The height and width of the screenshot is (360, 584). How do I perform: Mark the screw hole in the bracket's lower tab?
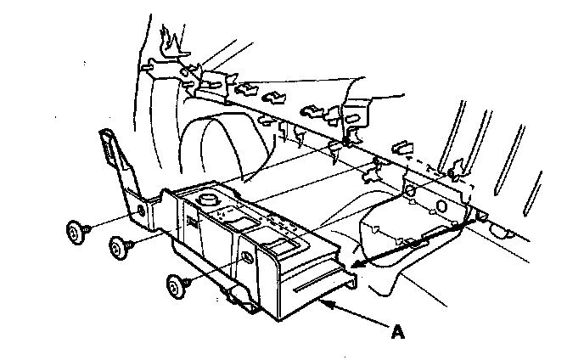[140, 210]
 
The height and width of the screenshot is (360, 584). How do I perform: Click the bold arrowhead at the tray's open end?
[354, 267]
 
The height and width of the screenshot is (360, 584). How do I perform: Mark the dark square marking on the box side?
[192, 222]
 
